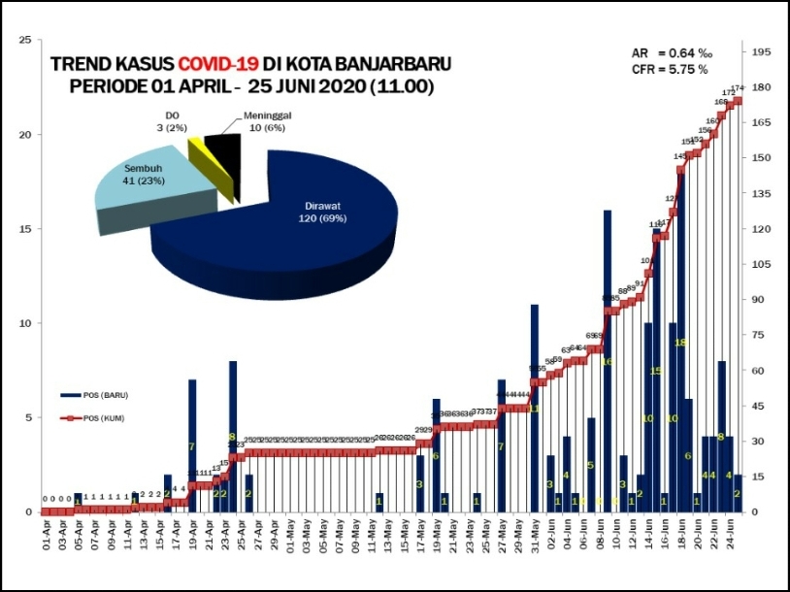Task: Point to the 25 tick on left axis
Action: [x=26, y=41]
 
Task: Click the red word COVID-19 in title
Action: [x=217, y=64]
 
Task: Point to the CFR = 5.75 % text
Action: [x=669, y=70]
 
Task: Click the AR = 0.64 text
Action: [x=669, y=52]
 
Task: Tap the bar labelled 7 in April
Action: [x=192, y=446]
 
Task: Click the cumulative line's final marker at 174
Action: [x=738, y=101]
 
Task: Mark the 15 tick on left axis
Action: [x=26, y=229]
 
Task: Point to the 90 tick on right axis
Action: [x=759, y=300]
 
